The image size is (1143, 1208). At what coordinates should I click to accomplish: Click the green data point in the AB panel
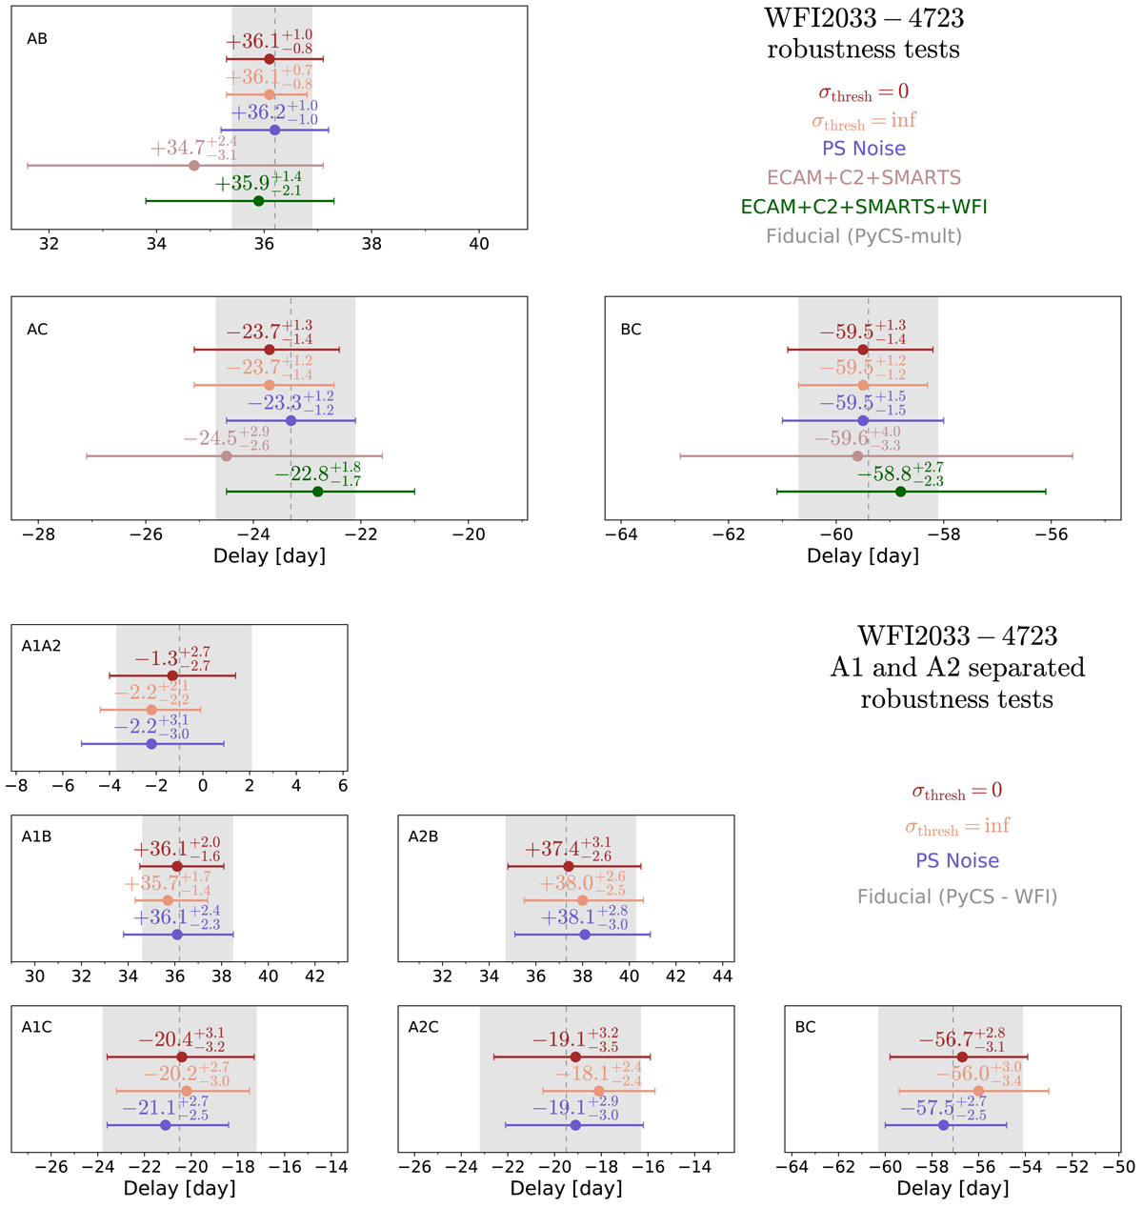(258, 201)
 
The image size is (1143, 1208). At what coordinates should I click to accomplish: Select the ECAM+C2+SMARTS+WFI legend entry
(863, 207)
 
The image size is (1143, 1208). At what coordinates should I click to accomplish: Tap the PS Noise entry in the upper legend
(863, 149)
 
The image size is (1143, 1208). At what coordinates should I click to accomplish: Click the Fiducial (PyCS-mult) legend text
(863, 236)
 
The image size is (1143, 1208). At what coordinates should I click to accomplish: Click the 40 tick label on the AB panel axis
(479, 244)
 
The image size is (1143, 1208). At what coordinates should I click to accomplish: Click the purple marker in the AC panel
(291, 421)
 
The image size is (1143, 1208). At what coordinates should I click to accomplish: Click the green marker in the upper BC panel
(900, 492)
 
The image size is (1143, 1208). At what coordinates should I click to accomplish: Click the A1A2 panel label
(41, 646)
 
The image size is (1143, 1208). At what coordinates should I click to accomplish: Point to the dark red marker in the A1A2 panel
(172, 675)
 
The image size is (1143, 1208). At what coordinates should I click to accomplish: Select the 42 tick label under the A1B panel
(314, 976)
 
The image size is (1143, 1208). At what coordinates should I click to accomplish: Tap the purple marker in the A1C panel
(166, 1125)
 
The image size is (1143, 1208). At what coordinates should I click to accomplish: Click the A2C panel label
(423, 1027)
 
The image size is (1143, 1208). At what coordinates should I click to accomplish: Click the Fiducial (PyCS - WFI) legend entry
(956, 896)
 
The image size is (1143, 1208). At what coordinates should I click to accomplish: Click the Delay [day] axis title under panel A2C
(566, 1188)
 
